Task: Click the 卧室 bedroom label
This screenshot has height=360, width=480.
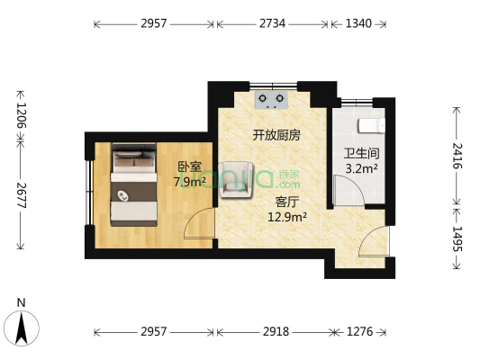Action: (189, 166)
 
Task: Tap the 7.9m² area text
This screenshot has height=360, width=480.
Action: (189, 181)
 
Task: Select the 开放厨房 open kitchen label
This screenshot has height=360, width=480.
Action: (276, 135)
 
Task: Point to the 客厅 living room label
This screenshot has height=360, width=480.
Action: (287, 202)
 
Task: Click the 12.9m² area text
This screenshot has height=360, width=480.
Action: (287, 216)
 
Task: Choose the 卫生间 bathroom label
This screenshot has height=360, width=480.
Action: (360, 153)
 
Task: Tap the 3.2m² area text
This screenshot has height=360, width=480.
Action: (360, 167)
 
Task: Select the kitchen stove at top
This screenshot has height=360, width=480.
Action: (272, 98)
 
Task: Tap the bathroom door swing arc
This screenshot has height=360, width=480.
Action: (346, 191)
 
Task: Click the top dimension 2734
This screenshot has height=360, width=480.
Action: (272, 23)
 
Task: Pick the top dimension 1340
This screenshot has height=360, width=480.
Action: (358, 23)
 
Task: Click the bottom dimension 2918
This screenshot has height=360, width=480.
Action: (276, 332)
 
